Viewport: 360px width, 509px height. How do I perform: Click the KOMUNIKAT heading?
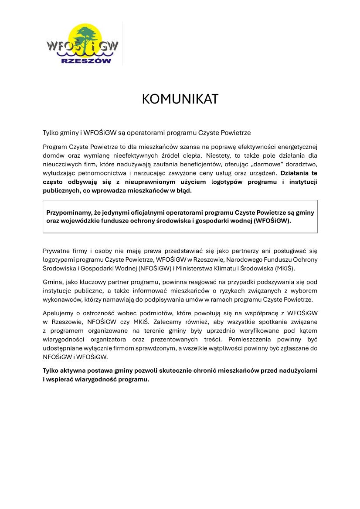180,99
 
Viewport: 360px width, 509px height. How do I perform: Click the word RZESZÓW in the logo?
86,61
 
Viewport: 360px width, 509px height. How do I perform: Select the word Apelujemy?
58,313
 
